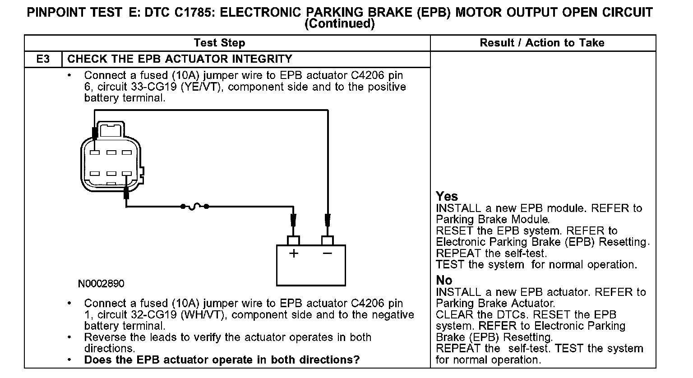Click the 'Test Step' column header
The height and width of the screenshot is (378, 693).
pyautogui.click(x=219, y=43)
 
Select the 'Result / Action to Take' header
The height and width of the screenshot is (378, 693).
pyautogui.click(x=542, y=43)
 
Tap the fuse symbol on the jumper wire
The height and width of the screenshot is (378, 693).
pyautogui.click(x=194, y=207)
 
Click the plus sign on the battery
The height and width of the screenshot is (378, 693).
pyautogui.click(x=294, y=254)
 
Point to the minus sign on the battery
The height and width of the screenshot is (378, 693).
pyautogui.click(x=328, y=254)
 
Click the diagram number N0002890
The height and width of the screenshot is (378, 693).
pyautogui.click(x=101, y=284)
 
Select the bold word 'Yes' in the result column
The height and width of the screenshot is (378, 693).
pyautogui.click(x=447, y=197)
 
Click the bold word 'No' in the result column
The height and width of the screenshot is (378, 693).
pyautogui.click(x=444, y=280)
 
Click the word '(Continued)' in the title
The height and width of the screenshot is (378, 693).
pyautogui.click(x=340, y=23)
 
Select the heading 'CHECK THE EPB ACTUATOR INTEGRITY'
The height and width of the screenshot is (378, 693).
pyautogui.click(x=180, y=59)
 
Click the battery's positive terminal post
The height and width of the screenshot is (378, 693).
pyautogui.click(x=293, y=240)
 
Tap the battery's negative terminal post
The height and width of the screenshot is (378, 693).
pyautogui.click(x=327, y=240)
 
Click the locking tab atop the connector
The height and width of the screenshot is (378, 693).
pyautogui.click(x=110, y=130)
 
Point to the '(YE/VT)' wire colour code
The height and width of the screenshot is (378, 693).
pyautogui.click(x=203, y=87)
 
